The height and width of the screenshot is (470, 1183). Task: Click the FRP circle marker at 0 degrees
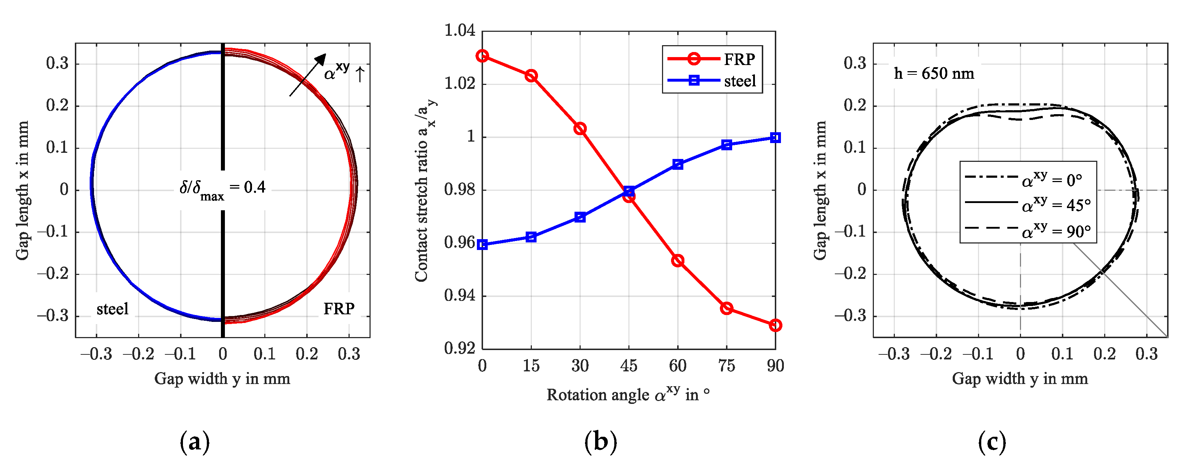(x=482, y=56)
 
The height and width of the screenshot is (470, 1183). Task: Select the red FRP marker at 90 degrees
(x=775, y=325)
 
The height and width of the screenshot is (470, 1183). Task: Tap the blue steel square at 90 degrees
(x=775, y=138)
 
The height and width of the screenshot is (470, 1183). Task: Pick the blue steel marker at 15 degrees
(x=531, y=237)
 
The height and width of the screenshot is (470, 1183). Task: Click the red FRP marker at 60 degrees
(x=678, y=261)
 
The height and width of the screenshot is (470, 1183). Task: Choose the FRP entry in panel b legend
(x=712, y=59)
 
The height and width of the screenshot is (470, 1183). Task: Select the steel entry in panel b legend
(x=712, y=81)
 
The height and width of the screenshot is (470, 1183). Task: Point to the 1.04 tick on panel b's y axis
(x=459, y=31)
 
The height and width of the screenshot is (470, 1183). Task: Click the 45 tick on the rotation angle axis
(x=629, y=366)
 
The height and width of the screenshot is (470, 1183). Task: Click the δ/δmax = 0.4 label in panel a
(x=222, y=189)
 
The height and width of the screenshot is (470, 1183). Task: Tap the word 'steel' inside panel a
(x=112, y=309)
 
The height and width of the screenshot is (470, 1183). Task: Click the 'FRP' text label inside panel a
(x=339, y=309)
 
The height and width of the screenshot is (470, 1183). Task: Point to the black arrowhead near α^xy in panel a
(x=321, y=60)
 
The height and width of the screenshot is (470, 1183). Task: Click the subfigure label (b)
(x=600, y=441)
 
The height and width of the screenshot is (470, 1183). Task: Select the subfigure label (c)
(x=992, y=441)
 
